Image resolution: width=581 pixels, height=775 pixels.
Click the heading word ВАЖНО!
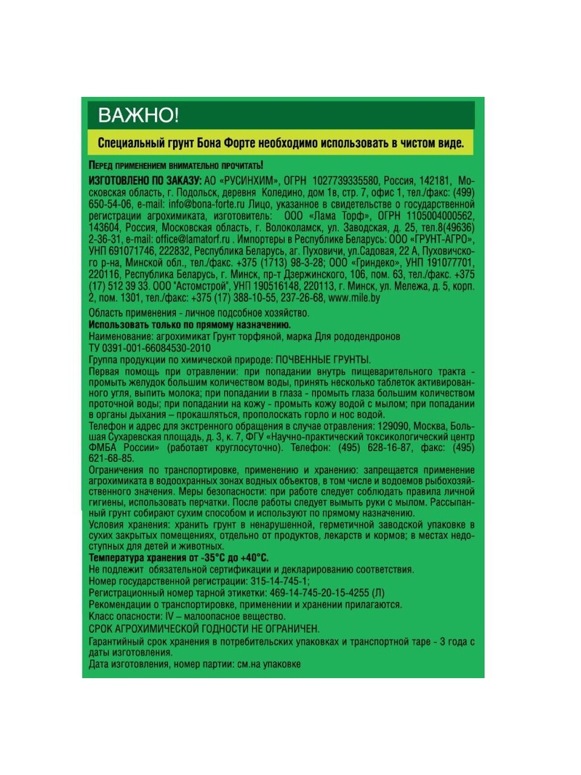139,115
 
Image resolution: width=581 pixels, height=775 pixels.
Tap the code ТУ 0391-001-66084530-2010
149,348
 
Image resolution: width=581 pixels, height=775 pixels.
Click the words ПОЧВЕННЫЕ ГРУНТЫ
323,360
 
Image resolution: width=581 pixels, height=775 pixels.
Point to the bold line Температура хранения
179,558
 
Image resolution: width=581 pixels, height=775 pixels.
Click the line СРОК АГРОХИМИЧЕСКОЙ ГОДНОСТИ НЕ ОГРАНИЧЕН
204,628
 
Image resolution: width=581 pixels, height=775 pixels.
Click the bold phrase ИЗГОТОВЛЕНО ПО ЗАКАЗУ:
145,181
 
